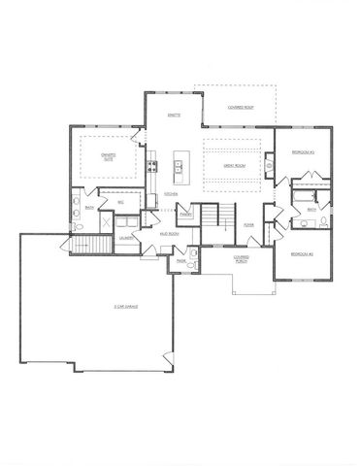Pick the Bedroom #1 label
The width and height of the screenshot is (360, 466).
coord(296,152)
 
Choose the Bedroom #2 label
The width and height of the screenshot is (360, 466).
coord(296,253)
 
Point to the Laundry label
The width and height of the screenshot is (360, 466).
coord(126,237)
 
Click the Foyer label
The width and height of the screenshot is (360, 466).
coord(248,224)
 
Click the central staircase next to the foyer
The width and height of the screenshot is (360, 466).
coord(213,216)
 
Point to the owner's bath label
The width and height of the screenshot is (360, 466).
coord(88,207)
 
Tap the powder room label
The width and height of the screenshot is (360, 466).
coord(181,260)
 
